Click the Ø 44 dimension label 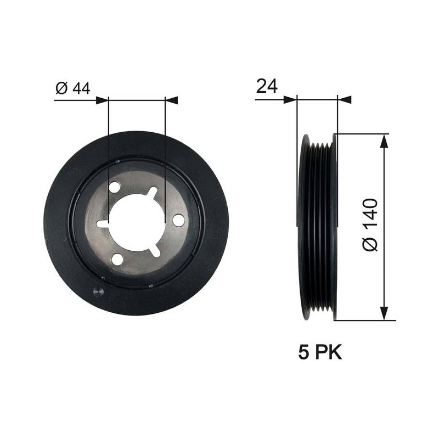point(73,88)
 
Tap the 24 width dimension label point(267,86)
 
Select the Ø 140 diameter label point(370,224)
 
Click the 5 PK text point(320,352)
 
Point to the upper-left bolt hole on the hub point(115,187)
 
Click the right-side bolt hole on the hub point(178,220)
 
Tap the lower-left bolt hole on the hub point(117,259)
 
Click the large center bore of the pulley point(136,223)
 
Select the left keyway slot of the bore point(103,224)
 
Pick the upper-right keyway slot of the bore point(153,193)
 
